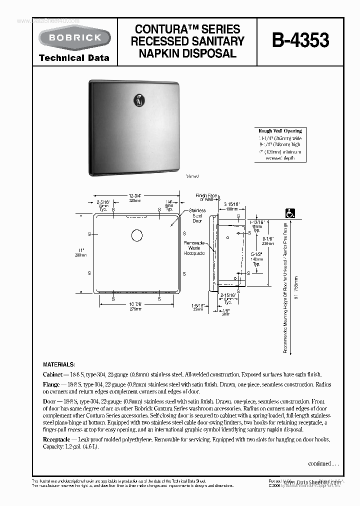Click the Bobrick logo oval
(74, 37)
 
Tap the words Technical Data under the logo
(74, 58)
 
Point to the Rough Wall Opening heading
(280, 131)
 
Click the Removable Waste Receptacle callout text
(194, 247)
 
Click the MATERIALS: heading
(59, 364)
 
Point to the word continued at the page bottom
(321, 463)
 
